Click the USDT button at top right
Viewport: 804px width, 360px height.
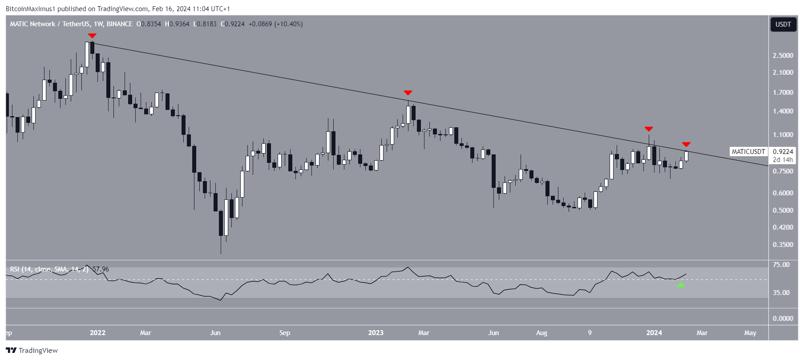tap(783, 24)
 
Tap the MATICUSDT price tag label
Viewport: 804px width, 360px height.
tap(748, 152)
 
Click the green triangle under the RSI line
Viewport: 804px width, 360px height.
tap(680, 284)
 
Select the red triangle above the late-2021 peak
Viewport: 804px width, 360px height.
tap(92, 36)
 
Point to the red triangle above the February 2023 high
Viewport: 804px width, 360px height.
tap(408, 93)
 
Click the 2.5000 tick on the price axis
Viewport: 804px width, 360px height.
tap(783, 56)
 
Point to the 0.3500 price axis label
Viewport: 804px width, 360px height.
tap(783, 245)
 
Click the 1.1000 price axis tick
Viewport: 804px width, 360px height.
tap(783, 135)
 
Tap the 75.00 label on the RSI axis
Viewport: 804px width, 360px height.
tap(781, 265)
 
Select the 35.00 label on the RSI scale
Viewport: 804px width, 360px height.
tap(781, 293)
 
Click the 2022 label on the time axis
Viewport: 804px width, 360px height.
tap(97, 333)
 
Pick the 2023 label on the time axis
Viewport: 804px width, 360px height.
tap(376, 333)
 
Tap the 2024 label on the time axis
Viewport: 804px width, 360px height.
tap(654, 333)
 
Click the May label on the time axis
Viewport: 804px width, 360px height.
tap(750, 333)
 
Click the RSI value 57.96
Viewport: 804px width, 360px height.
tap(101, 269)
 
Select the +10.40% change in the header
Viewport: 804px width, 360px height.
tap(289, 24)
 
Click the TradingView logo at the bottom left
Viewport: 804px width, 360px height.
tap(32, 350)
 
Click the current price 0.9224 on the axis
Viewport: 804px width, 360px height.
tap(783, 152)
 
